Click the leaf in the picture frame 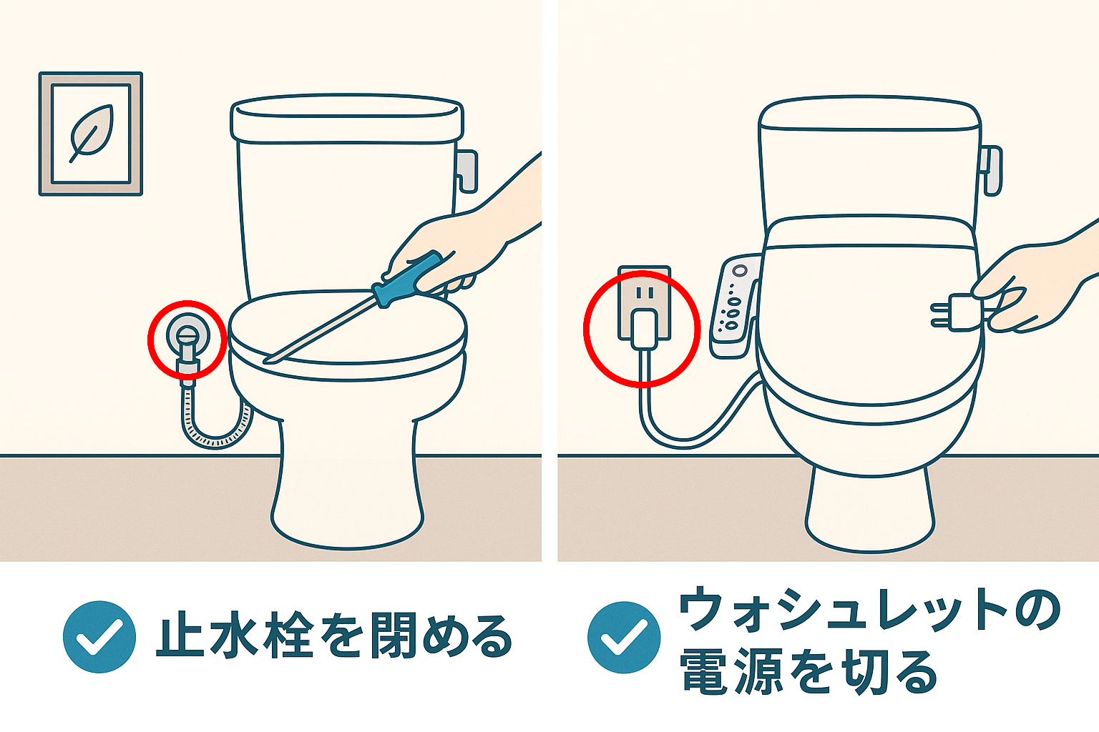(90, 133)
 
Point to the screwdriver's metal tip (270, 359)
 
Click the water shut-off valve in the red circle (187, 335)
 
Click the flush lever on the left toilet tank (467, 170)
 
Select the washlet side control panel (733, 305)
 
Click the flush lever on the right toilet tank (992, 169)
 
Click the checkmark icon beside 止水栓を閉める (99, 636)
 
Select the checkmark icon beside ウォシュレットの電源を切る (623, 637)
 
